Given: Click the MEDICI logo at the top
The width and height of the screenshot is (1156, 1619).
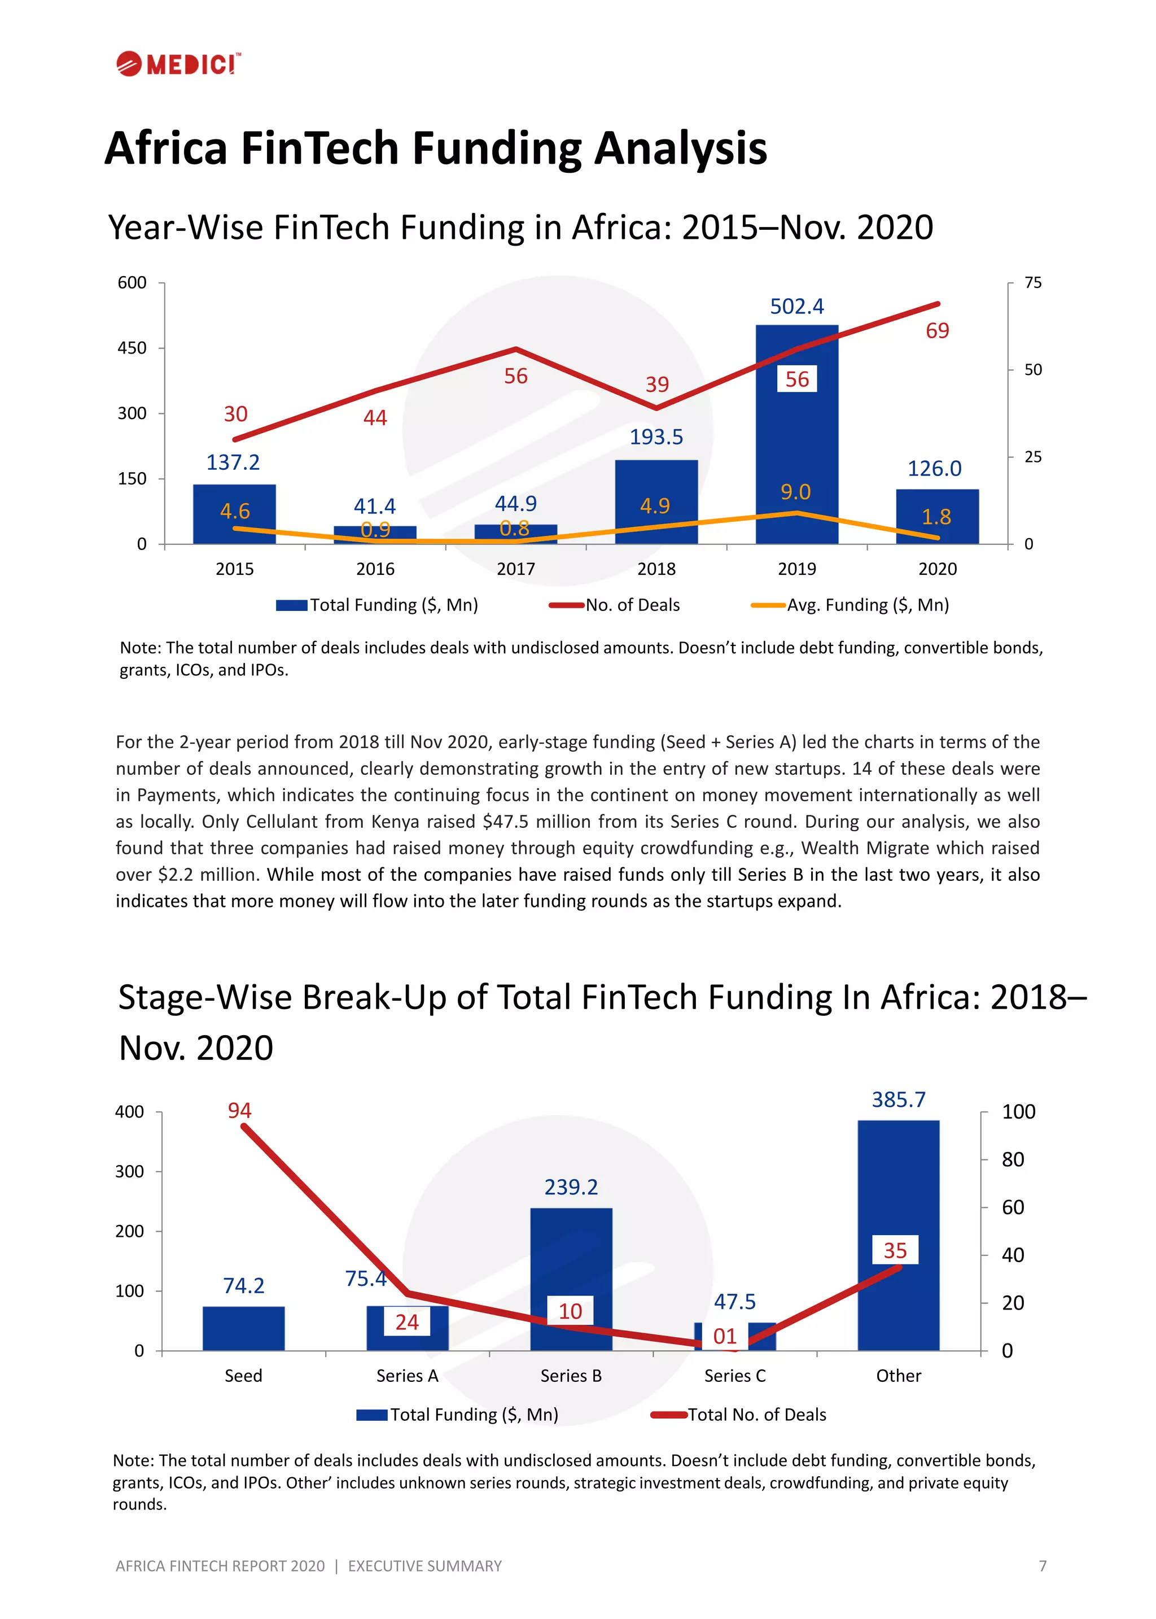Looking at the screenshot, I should tap(179, 64).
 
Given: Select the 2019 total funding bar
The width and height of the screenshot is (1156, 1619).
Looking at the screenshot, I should tap(796, 442).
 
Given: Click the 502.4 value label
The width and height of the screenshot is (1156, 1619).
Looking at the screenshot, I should tap(796, 307).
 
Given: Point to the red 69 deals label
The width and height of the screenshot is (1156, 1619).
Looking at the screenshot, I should tap(937, 331).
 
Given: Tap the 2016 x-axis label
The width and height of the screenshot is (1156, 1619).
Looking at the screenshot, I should tap(375, 569).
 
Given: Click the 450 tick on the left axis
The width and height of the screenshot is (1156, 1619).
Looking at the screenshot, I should tap(133, 348).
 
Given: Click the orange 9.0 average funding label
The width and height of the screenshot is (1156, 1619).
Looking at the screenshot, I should tap(795, 492).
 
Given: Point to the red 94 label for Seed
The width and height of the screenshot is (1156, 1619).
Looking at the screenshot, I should tap(239, 1111).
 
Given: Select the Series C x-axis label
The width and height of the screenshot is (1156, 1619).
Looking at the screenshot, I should tap(734, 1376).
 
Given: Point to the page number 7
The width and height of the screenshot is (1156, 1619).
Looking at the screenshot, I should tap(1042, 1565).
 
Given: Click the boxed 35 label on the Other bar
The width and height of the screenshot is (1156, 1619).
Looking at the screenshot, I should tap(895, 1250).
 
